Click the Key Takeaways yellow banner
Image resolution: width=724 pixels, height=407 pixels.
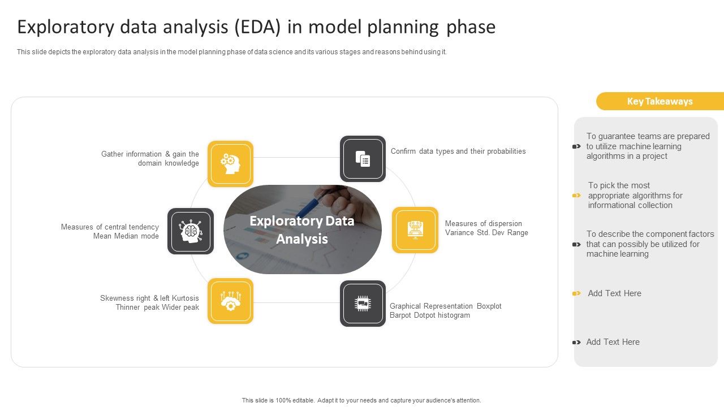tap(660, 101)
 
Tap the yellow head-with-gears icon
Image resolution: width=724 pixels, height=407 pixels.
tap(230, 163)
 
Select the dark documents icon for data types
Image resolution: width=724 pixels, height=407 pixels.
tap(363, 159)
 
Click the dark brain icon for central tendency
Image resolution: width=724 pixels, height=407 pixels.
tap(191, 231)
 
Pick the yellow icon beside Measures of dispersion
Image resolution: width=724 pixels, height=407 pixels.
tap(415, 230)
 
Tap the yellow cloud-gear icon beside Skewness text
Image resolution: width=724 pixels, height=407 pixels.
tap(230, 301)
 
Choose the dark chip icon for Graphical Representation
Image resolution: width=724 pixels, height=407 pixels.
tap(363, 304)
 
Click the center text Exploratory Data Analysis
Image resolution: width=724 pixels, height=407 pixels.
tap(302, 230)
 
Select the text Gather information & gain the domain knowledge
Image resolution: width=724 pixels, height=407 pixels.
tap(150, 158)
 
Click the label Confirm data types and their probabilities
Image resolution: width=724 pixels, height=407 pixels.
tap(458, 151)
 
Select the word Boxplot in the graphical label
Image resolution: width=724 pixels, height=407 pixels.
tap(489, 306)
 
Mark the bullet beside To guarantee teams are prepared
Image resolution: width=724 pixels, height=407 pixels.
tap(576, 146)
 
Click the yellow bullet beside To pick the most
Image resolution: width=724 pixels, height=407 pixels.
tap(576, 196)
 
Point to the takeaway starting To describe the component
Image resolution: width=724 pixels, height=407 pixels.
tap(650, 244)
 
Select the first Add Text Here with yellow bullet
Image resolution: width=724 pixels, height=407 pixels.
tap(614, 293)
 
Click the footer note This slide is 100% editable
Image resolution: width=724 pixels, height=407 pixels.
tap(361, 400)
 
